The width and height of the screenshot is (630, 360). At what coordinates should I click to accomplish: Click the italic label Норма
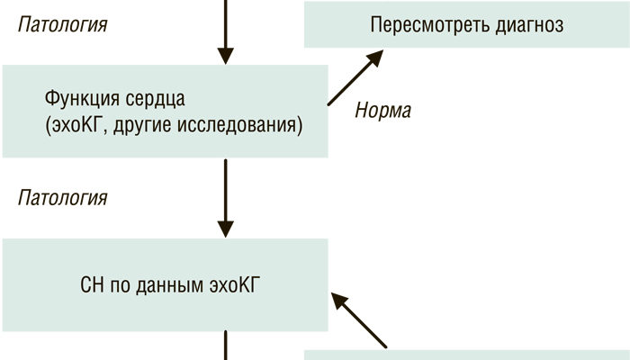click(383, 112)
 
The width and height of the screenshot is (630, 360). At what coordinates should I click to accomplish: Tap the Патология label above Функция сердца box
click(62, 24)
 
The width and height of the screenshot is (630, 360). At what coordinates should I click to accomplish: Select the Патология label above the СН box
click(62, 196)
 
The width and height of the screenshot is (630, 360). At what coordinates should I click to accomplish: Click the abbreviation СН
click(93, 287)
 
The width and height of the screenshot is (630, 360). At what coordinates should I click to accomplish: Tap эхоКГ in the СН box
click(237, 287)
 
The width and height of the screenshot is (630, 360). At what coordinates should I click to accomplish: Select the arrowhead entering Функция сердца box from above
click(226, 55)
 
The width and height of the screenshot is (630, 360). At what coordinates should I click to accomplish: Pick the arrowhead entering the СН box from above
click(226, 227)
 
